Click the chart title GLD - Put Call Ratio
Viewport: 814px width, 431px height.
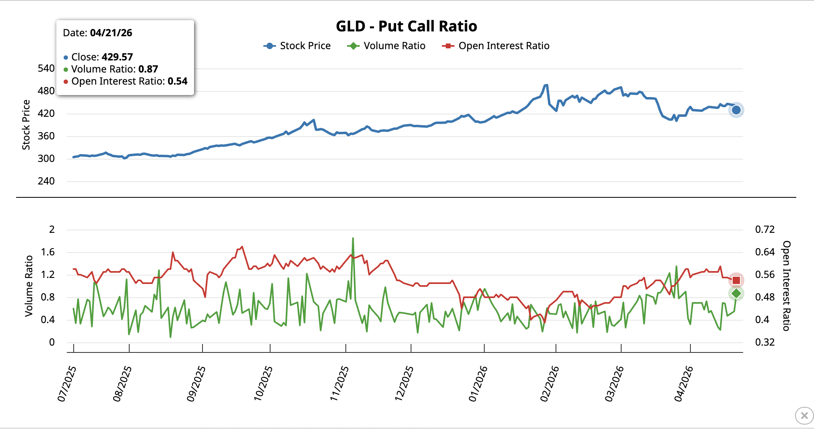pyautogui.click(x=406, y=26)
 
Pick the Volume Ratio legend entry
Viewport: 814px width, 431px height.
pyautogui.click(x=386, y=46)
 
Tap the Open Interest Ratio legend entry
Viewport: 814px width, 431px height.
pyautogui.click(x=496, y=46)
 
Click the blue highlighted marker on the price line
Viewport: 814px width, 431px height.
pyautogui.click(x=736, y=110)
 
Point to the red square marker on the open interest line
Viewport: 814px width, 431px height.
pyautogui.click(x=736, y=280)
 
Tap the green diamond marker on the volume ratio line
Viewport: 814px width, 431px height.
pyautogui.click(x=736, y=294)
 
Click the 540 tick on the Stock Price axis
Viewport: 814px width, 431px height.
pyautogui.click(x=46, y=68)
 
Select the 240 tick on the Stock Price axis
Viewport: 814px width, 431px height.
pyautogui.click(x=46, y=181)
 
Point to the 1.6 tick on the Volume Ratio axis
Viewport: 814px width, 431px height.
pyautogui.click(x=48, y=252)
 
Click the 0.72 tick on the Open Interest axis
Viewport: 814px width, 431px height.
pyautogui.click(x=764, y=230)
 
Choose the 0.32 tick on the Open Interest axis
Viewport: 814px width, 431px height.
pyautogui.click(x=764, y=342)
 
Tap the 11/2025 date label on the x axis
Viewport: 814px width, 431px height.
pyautogui.click(x=339, y=383)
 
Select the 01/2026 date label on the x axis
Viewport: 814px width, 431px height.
pyautogui.click(x=478, y=383)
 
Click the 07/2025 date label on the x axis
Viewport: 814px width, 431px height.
pyautogui.click(x=67, y=383)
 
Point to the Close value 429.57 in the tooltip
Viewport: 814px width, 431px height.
pyautogui.click(x=117, y=57)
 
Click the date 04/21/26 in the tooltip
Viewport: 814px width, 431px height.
pyautogui.click(x=111, y=33)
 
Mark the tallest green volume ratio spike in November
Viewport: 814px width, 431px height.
pyautogui.click(x=353, y=238)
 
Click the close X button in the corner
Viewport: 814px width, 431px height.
pyautogui.click(x=804, y=415)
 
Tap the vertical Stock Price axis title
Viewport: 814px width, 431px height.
pyautogui.click(x=26, y=125)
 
